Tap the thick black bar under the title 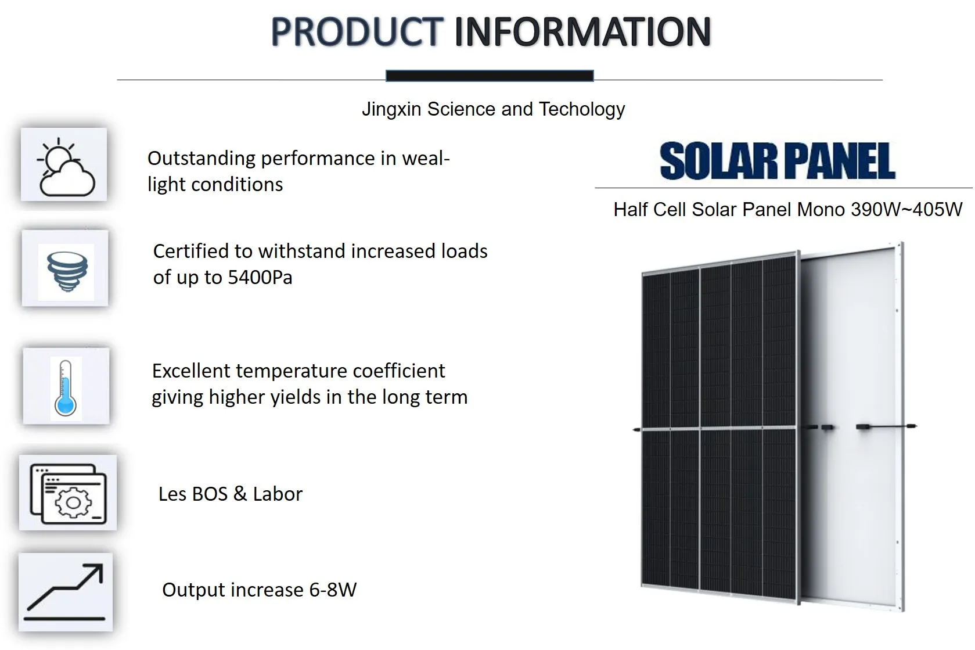(x=490, y=76)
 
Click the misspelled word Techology (x=582, y=109)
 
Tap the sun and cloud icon (x=64, y=165)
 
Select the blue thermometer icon (x=65, y=386)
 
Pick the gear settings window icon (x=69, y=493)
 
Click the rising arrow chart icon (x=66, y=591)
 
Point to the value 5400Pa (x=260, y=278)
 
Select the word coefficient (x=399, y=371)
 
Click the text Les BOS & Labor (x=231, y=494)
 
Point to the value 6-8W (x=333, y=590)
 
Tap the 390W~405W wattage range (x=906, y=209)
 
